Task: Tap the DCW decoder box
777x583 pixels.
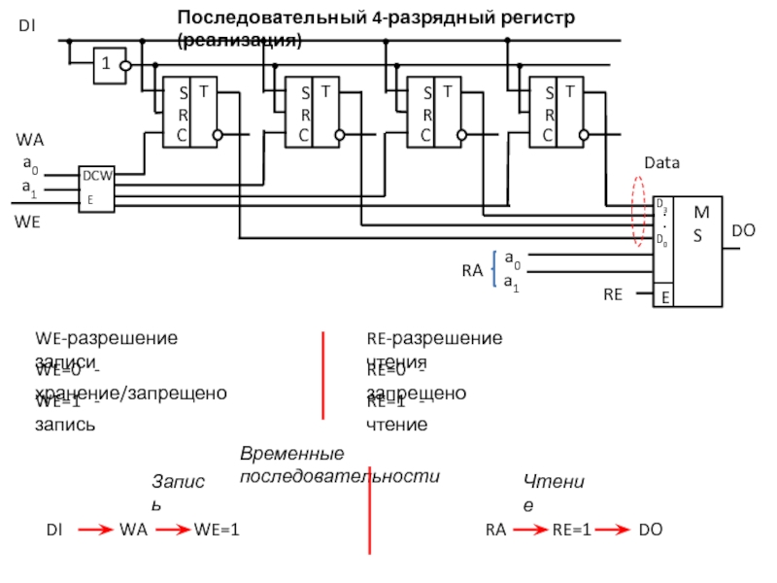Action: (x=96, y=188)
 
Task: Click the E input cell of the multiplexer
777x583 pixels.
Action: (x=665, y=296)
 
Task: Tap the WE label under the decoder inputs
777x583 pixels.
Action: (x=28, y=222)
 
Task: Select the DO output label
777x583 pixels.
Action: (x=743, y=231)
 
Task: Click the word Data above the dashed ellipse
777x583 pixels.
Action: (x=661, y=164)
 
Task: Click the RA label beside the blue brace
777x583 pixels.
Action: (x=473, y=271)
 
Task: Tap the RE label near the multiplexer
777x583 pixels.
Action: (x=613, y=292)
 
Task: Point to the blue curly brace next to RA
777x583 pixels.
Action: (x=496, y=269)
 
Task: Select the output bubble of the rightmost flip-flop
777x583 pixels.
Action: (x=585, y=135)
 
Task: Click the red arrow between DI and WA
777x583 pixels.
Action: (x=94, y=530)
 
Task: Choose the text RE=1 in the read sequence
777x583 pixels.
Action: (x=572, y=530)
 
